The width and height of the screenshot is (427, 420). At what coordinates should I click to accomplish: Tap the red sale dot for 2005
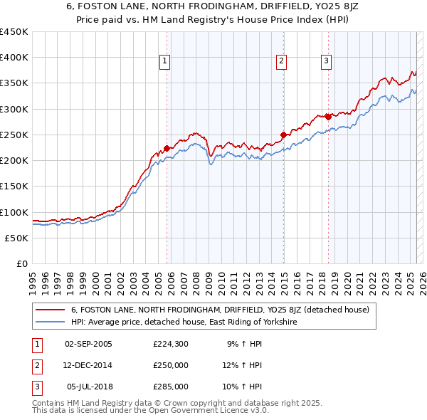[x=167, y=149]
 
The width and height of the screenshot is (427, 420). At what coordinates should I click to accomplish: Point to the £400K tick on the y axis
[x=14, y=58]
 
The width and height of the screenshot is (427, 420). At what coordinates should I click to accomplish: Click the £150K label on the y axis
[x=14, y=186]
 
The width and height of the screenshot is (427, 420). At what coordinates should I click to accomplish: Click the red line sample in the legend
[x=50, y=310]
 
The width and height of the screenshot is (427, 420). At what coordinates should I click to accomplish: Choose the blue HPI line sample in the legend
[x=50, y=322]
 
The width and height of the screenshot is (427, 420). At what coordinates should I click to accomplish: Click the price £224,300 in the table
[x=171, y=343]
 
